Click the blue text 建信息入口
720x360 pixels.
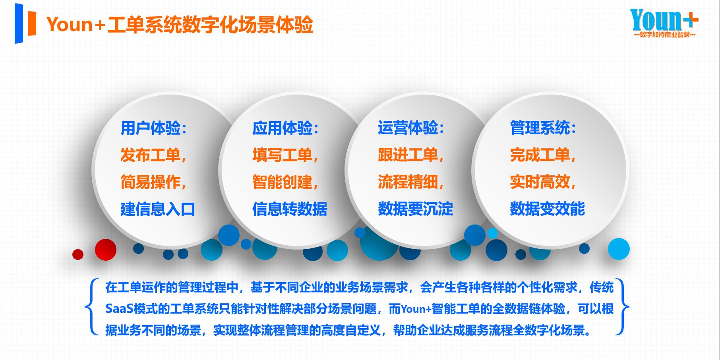coord(158,209)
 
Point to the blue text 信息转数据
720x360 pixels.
coord(290,209)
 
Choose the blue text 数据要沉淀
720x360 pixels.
coord(415,209)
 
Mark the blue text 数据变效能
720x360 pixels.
coord(547,209)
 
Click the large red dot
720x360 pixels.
coord(106,250)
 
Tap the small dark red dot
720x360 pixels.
coord(78,254)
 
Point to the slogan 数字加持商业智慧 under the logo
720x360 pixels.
coord(664,35)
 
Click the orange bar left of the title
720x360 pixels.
coord(31,24)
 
